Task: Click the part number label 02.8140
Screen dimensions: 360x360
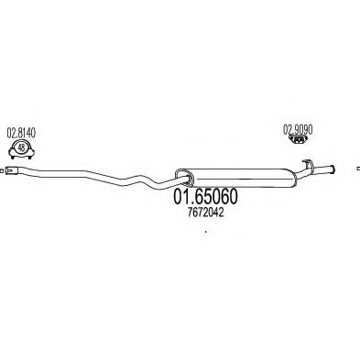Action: click(23, 132)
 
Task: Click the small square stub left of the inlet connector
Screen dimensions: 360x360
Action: click(5, 169)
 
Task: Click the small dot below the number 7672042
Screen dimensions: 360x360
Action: click(205, 232)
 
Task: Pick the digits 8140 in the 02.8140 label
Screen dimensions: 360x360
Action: click(28, 132)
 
